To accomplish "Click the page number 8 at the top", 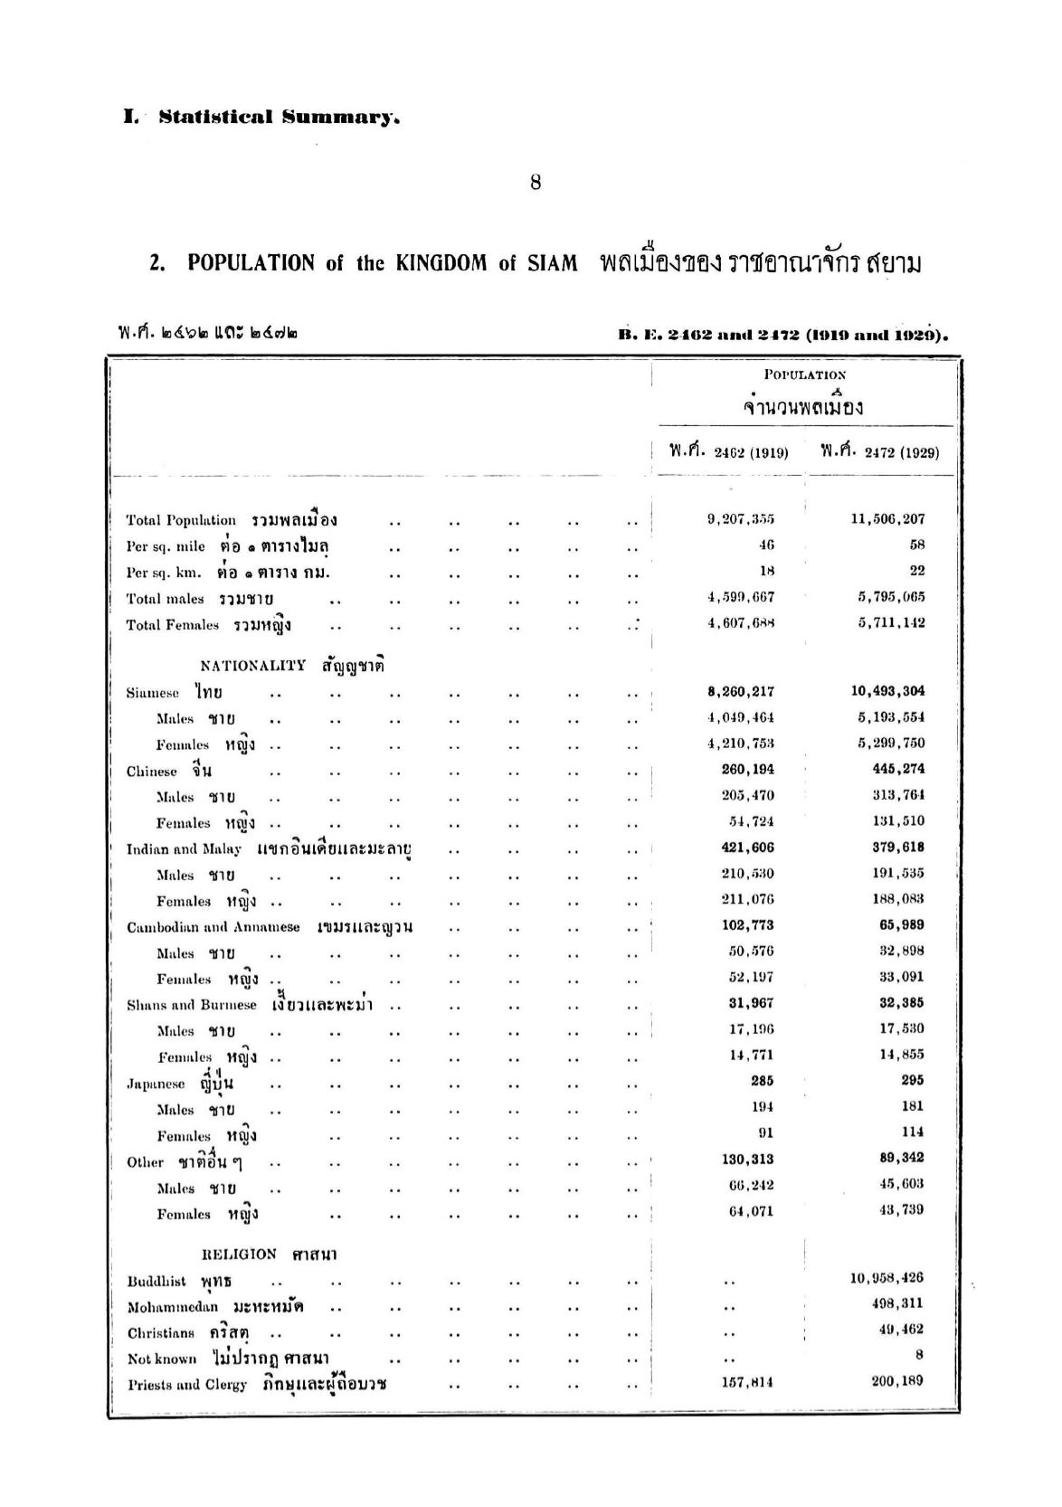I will tap(536, 183).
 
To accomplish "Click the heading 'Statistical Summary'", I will tap(279, 118).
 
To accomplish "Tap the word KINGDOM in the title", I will tap(443, 263).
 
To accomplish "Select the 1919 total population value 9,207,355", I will tap(740, 519).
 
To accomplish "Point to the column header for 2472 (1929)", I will tap(879, 451).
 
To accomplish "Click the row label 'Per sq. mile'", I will tap(166, 546).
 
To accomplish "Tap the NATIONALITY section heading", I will tap(253, 666).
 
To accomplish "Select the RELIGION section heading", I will tap(240, 1255).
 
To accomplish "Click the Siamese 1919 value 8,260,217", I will tap(740, 692).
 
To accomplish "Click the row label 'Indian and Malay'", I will tap(184, 849).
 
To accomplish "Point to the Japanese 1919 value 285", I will tap(762, 1081).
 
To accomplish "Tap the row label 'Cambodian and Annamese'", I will tap(213, 927).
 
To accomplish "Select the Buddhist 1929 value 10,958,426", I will tap(887, 1278).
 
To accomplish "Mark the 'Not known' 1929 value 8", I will tap(919, 1355).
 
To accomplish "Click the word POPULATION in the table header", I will tap(805, 374).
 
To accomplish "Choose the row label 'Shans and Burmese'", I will tap(192, 1005).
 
